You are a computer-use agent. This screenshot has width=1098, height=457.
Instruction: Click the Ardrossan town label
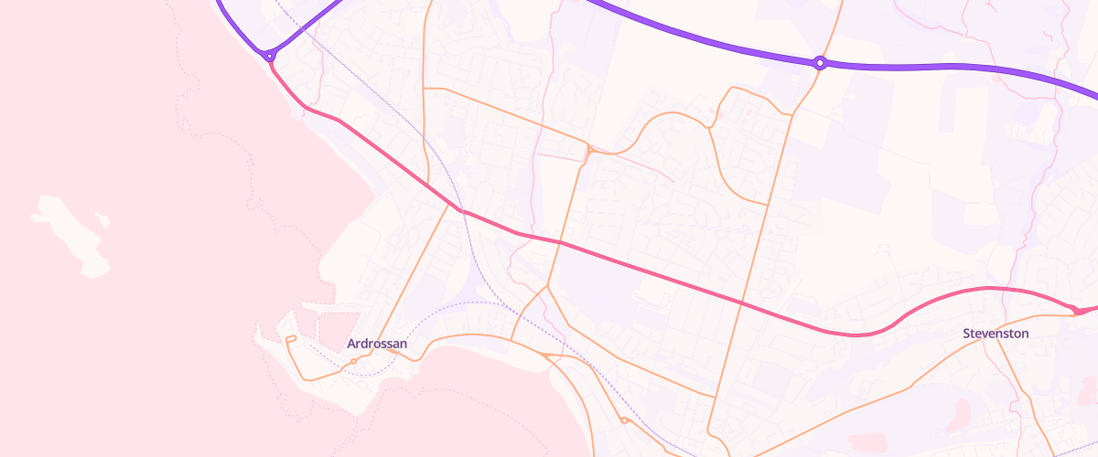[376, 344]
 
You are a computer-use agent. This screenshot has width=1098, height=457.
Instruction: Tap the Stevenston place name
[996, 334]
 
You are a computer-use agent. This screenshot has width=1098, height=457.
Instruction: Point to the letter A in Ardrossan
[352, 344]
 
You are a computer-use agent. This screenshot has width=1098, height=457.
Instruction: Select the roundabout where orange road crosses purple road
[821, 63]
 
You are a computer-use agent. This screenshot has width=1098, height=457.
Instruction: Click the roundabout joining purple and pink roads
[270, 56]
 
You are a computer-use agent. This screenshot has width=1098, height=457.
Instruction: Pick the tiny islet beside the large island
[102, 219]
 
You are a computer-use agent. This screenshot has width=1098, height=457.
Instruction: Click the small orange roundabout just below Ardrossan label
[354, 361]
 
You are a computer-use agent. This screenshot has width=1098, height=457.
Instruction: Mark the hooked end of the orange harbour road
[288, 340]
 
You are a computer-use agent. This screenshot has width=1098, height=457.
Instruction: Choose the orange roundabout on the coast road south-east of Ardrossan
[623, 420]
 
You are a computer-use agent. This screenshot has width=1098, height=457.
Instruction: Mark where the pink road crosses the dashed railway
[463, 212]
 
